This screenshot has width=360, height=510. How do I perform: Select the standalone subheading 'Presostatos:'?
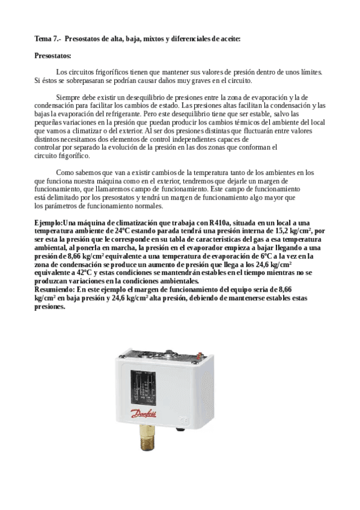pos(53,56)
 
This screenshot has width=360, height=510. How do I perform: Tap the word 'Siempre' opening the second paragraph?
pos(67,97)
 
